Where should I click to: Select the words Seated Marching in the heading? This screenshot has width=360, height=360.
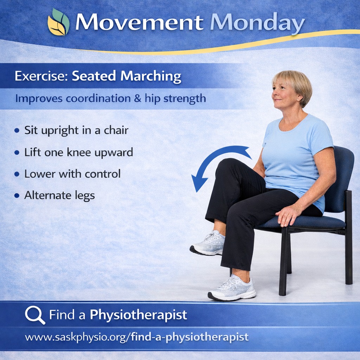127,76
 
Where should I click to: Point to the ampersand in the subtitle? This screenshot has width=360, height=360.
137,98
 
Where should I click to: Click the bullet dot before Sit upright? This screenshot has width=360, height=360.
17,131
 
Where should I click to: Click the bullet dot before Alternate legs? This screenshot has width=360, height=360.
17,195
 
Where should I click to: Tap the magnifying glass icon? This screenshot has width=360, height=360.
34,314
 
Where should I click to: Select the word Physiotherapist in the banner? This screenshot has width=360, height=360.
138,315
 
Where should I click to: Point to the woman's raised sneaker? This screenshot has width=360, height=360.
208,244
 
